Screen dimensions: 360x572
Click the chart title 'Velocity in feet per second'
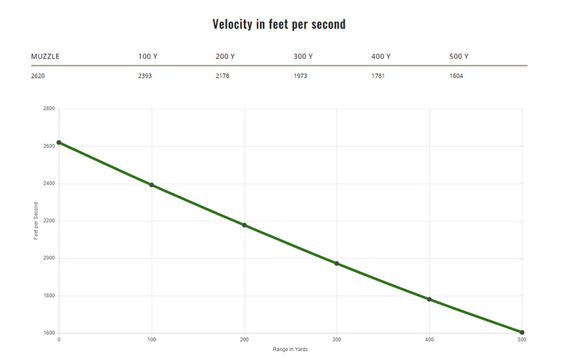[279, 24]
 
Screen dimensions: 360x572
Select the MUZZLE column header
[45, 56]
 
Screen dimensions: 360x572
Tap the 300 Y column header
[304, 56]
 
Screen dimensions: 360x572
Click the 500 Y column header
[458, 56]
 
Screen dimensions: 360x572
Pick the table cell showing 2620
[39, 75]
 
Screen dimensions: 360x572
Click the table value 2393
[145, 75]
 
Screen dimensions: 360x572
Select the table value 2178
[223, 75]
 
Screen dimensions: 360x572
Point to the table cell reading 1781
[378, 75]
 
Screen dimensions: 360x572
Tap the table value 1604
[455, 75]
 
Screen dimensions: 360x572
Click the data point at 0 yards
[59, 143]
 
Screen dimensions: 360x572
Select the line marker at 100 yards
[152, 185]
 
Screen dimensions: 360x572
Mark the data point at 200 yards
[244, 225]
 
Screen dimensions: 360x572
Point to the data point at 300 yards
[337, 264]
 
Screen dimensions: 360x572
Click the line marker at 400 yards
[430, 300]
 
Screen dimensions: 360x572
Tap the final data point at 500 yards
[522, 333]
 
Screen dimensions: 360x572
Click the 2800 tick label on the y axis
[48, 109]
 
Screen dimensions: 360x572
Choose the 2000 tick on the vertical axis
[48, 258]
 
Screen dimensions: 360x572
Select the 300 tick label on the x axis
[337, 340]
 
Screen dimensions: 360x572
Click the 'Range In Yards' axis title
[290, 349]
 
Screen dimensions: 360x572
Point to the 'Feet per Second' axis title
[36, 221]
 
